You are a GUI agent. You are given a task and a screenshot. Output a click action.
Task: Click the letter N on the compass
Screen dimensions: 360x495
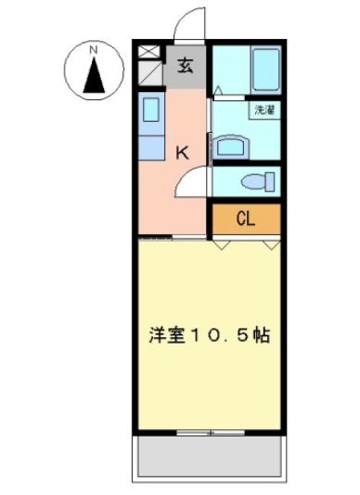click(x=93, y=50)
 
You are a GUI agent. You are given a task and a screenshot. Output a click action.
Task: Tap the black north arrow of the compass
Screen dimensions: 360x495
click(x=94, y=75)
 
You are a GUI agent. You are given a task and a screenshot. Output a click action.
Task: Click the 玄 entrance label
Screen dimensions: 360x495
click(x=186, y=66)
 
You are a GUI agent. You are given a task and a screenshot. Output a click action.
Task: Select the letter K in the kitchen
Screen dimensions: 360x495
click(x=183, y=153)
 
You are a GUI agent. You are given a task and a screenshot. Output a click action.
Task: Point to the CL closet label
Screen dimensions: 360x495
click(x=246, y=218)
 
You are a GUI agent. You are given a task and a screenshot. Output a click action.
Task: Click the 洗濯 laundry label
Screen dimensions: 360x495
click(x=264, y=110)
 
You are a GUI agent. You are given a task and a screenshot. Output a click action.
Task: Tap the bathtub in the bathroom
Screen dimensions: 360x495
click(x=266, y=70)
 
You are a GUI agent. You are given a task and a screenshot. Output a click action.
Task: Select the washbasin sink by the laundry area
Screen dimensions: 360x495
click(x=231, y=147)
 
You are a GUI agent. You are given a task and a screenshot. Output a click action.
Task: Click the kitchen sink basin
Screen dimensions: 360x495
click(x=151, y=110)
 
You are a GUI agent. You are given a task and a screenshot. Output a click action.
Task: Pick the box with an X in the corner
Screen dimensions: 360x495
click(x=149, y=51)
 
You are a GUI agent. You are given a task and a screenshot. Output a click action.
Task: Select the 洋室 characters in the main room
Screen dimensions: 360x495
click(x=167, y=335)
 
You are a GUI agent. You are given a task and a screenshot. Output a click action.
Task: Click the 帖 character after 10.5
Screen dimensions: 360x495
click(x=261, y=335)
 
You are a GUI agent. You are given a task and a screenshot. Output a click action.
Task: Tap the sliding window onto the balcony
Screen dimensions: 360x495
click(x=211, y=433)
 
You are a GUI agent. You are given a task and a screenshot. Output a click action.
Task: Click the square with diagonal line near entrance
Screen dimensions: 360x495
click(x=150, y=73)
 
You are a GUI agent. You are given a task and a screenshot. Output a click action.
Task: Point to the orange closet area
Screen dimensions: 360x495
click(x=247, y=219)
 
